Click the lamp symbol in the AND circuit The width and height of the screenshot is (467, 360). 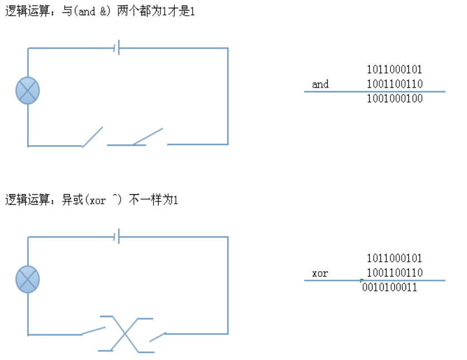pos(27,90)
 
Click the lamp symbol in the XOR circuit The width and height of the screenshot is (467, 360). pos(27,279)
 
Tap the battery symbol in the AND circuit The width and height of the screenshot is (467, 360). pos(117,48)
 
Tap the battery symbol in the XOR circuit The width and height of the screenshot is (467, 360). pos(117,237)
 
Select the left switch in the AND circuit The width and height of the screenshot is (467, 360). pos(93,137)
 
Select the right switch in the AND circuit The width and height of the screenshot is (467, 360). pos(147,137)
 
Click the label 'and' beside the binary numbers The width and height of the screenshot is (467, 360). pos(320,84)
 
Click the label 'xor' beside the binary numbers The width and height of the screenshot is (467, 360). pos(320,273)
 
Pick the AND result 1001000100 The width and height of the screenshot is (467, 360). pos(394,99)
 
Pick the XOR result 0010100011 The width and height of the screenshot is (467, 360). pos(389,287)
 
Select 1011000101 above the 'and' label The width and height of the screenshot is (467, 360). pos(394,70)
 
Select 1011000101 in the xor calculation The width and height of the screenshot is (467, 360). pos(394,258)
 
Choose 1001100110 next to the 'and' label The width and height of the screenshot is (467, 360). pos(394,84)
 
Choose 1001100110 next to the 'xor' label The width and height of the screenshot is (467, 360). pos(394,273)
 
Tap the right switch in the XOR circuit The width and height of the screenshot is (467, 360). pos(158,337)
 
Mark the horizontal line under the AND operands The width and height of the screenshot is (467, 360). pos(374,92)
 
